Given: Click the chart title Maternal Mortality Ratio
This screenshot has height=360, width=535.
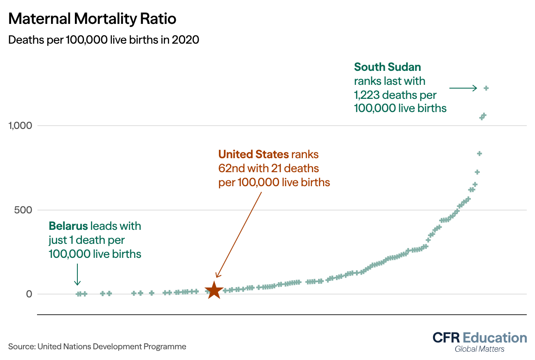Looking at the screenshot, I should tap(92, 19).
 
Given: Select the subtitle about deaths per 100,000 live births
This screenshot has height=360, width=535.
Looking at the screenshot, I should tap(104, 40).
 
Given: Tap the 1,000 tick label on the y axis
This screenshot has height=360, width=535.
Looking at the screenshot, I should tap(20, 126).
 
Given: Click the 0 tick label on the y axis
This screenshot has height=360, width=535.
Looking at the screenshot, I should tap(29, 294).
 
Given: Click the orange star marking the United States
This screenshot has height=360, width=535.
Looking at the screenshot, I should tap(214, 291).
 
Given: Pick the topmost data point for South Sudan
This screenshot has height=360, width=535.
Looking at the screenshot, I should tap(486, 88).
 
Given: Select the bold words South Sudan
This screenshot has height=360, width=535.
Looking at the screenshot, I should tap(387, 67).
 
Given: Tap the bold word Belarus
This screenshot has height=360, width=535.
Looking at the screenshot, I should tap(68, 226).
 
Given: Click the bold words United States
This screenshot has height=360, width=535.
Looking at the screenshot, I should tap(254, 154).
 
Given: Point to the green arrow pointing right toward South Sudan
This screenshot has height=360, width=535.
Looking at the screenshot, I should tap(463, 88).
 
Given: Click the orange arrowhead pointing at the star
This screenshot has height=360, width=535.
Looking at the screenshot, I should tap(218, 275).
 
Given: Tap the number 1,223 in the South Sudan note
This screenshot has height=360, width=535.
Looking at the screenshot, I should tap(366, 95).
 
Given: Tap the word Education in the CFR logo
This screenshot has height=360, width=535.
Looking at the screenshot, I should tap(495, 338).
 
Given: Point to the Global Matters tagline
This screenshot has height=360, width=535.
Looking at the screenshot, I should tap(479, 349).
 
